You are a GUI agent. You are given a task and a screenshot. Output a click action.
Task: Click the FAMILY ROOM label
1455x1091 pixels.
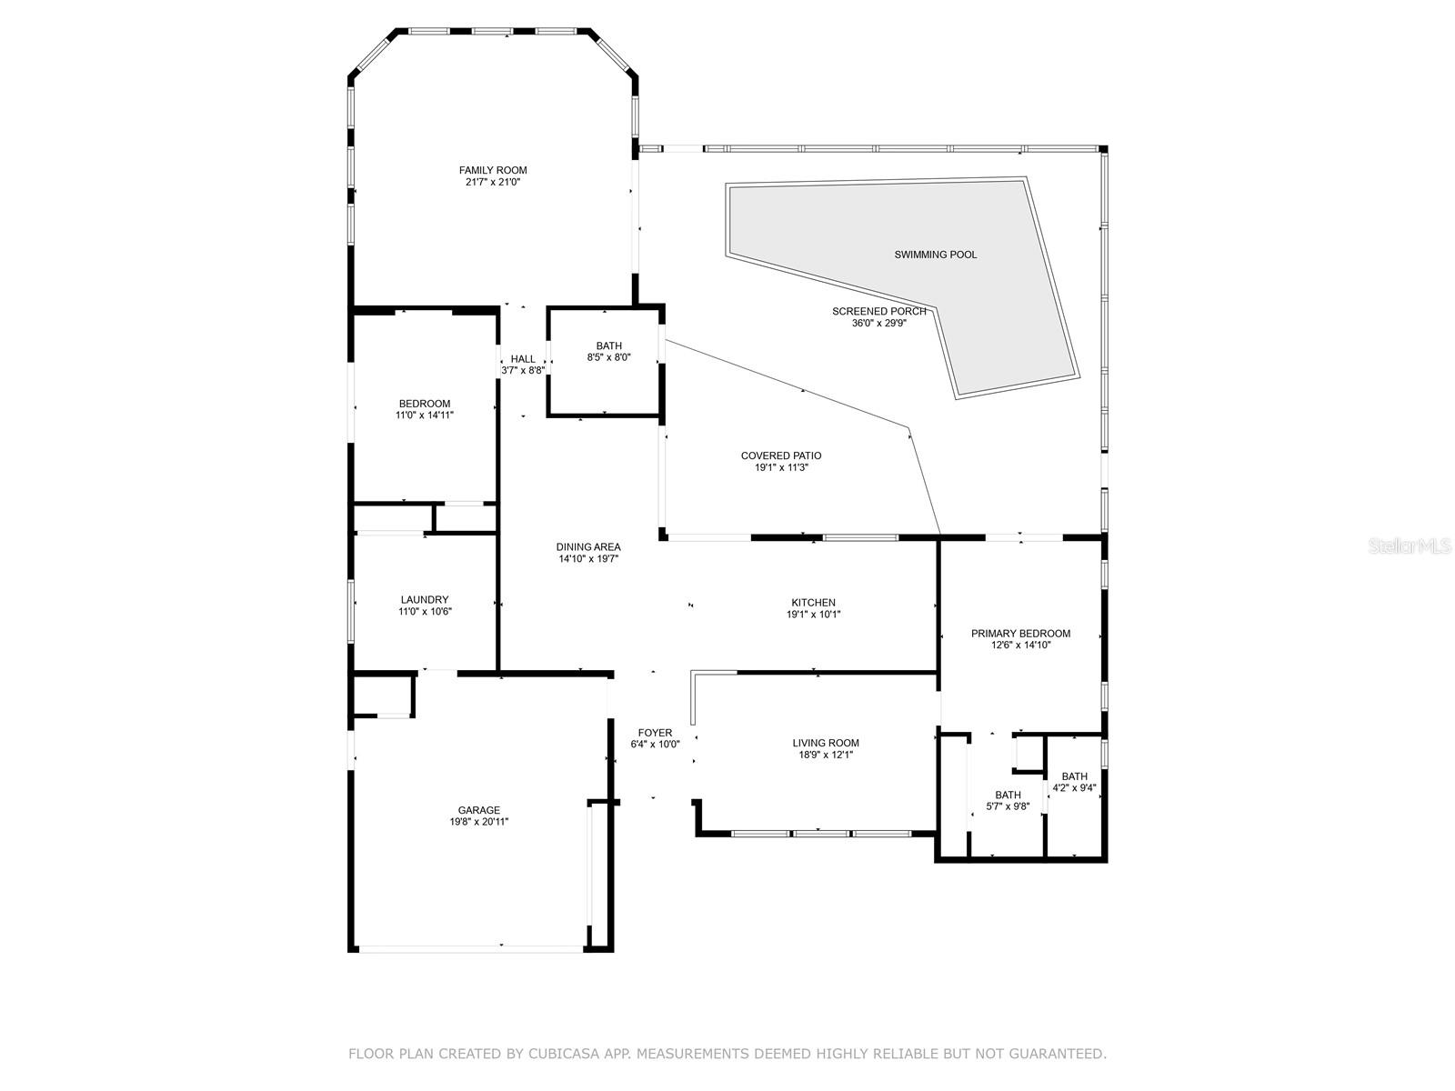[x=493, y=170]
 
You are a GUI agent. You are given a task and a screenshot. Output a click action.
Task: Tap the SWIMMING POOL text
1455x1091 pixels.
[x=935, y=255]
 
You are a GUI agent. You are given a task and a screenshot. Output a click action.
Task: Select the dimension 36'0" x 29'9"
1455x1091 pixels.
[x=878, y=323]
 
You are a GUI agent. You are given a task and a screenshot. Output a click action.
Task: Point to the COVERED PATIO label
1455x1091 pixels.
[x=780, y=455]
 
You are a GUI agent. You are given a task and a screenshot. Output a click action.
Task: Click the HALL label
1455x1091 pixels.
[x=523, y=359]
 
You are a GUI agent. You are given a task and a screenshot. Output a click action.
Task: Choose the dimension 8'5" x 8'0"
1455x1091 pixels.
[x=608, y=357]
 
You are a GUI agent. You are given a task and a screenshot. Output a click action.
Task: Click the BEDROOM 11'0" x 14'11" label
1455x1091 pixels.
[x=424, y=404]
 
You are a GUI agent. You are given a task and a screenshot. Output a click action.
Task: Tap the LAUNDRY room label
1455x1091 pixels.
[x=424, y=599]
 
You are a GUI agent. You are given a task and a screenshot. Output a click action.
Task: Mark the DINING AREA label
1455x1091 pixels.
[x=588, y=546]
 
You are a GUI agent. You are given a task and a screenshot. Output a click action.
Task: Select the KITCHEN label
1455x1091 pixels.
[x=813, y=602]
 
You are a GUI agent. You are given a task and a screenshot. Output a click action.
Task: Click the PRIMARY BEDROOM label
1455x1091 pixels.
[x=1020, y=634]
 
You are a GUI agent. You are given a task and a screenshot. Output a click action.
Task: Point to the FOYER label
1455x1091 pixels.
[x=655, y=733]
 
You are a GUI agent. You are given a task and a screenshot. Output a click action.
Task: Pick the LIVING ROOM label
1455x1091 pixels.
[x=825, y=743]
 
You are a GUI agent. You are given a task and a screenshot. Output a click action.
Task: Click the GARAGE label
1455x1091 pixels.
[x=478, y=810]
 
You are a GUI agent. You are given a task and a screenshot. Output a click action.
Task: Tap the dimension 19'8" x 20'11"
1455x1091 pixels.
[x=478, y=822]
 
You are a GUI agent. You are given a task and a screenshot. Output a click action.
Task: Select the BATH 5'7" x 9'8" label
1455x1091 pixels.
[x=1008, y=795]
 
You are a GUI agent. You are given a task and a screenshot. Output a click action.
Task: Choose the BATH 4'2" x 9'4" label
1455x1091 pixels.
[x=1074, y=776]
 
